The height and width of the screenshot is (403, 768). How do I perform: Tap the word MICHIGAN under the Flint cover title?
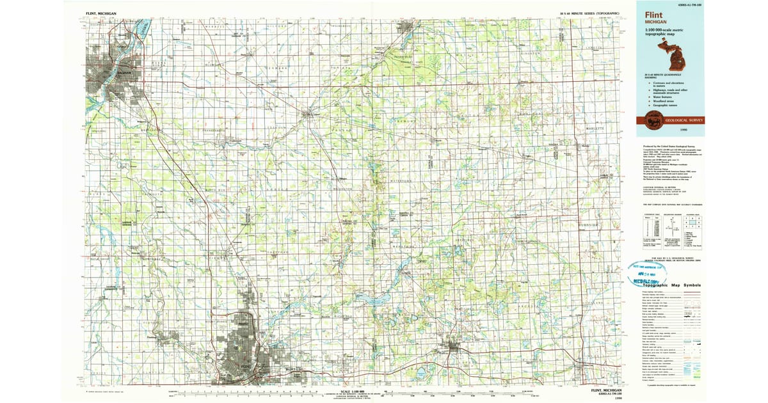[655, 21]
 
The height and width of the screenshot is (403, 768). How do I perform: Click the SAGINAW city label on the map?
[122, 72]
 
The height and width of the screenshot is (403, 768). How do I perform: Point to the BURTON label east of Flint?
[292, 370]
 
